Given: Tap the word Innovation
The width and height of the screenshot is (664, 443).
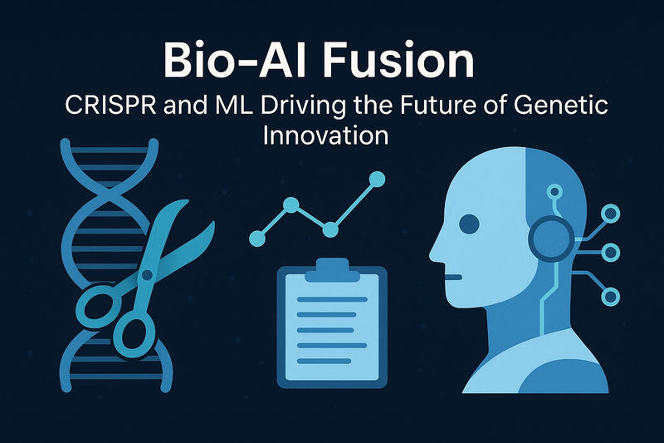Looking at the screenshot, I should [325, 135].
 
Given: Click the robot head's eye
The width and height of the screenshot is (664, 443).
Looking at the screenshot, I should [469, 223].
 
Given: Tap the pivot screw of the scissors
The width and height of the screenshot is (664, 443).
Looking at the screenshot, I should [149, 273].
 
